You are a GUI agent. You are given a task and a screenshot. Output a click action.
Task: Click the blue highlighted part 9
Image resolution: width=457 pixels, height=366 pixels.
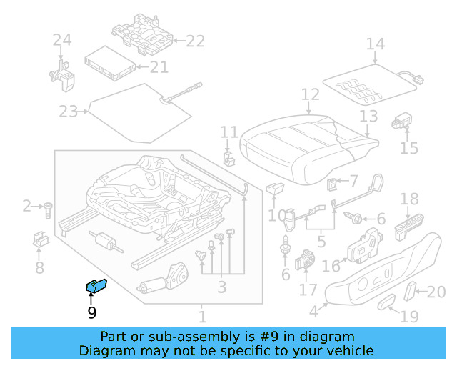coord(96,286)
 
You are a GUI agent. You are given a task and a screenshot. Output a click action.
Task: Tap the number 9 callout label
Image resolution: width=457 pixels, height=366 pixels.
coord(91,312)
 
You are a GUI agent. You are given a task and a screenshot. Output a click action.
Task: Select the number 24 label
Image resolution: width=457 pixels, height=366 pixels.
coord(62,41)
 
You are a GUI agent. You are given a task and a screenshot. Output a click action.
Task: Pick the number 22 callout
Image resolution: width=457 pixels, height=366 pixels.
coord(195,41)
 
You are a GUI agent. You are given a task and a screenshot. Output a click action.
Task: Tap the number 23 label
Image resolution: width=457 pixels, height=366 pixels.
coord(68,111)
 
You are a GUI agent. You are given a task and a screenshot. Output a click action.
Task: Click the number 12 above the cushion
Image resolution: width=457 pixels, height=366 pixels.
coord(310,94)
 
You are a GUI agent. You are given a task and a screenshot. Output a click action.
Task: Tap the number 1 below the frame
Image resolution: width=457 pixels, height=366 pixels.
coord(202,316)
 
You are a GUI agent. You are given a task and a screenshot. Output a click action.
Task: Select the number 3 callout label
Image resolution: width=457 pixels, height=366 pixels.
coord(221,287)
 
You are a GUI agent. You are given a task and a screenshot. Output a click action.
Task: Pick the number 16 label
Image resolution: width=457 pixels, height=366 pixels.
coord(331,267)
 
